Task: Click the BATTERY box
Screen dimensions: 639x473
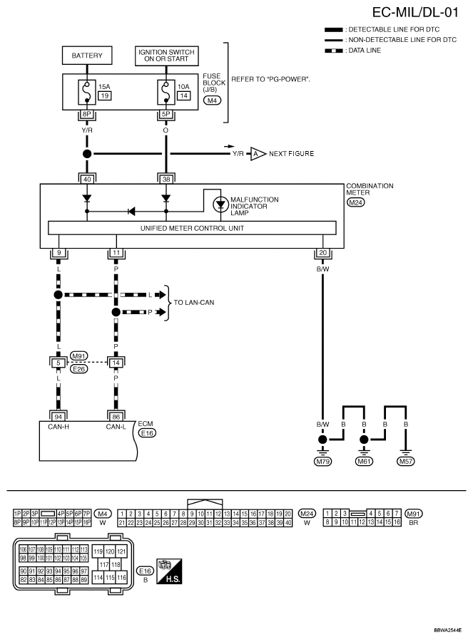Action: coord(87,55)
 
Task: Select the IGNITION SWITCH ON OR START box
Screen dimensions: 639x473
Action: coord(166,55)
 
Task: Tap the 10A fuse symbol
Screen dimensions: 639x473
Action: coord(166,91)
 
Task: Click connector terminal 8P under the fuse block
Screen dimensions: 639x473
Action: coord(87,113)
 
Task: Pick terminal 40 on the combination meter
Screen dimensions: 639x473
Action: coord(87,180)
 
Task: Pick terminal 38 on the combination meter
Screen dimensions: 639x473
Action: coord(166,180)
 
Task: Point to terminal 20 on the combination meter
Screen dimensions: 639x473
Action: coord(323,251)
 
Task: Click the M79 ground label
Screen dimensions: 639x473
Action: coord(323,461)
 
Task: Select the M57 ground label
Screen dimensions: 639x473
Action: coord(407,461)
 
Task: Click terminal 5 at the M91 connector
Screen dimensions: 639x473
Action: coord(58,362)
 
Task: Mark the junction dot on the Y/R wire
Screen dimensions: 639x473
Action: coord(87,154)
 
